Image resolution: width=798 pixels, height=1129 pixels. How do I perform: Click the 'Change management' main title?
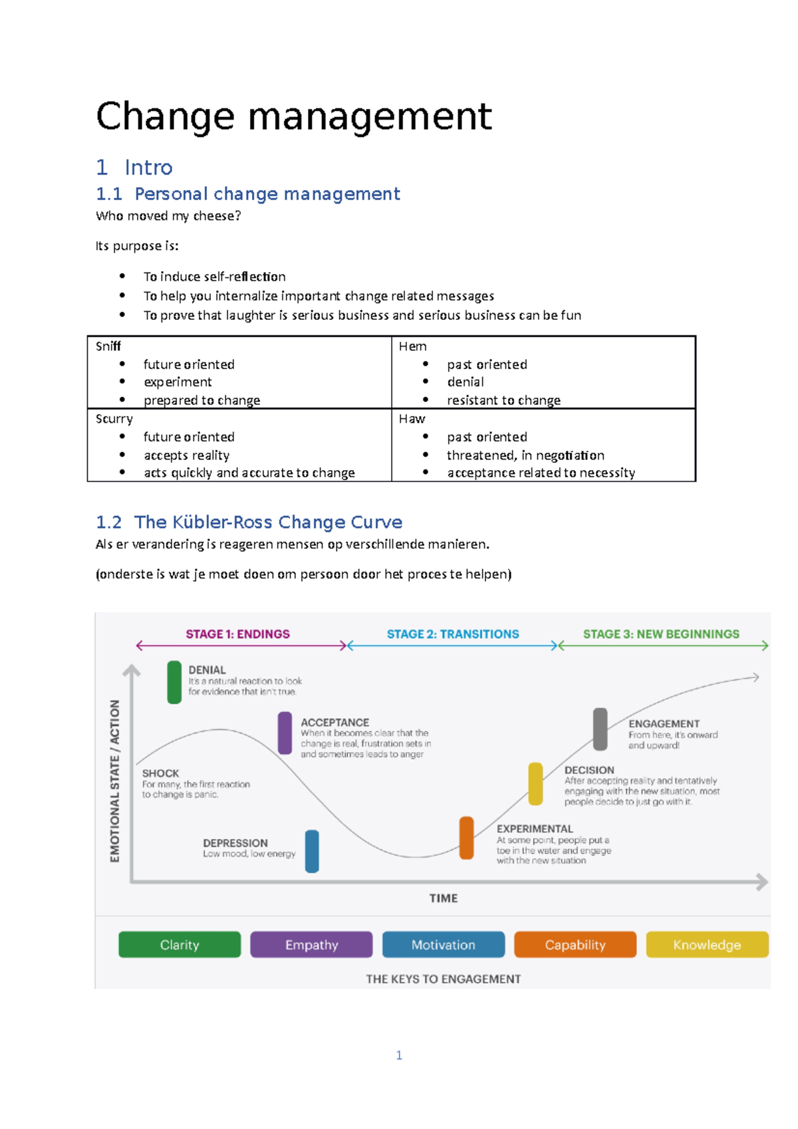tap(293, 116)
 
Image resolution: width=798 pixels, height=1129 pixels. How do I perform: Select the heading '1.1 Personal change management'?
tap(247, 193)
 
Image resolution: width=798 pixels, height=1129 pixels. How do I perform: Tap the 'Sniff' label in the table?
tap(108, 346)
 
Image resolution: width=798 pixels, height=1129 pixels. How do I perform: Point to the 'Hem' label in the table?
tap(412, 346)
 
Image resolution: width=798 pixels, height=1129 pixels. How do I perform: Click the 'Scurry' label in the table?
tap(114, 418)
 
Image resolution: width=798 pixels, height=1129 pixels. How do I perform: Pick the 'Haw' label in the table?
tap(412, 418)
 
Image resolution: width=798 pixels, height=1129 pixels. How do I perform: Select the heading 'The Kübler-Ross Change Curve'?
tap(268, 522)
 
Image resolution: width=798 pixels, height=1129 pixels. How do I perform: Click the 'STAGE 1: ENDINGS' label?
tap(237, 634)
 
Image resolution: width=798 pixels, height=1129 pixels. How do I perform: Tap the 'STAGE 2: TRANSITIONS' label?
tap(453, 634)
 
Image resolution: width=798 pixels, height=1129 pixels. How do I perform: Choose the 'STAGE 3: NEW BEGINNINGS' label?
tap(661, 634)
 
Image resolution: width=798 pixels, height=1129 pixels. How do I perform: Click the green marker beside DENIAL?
tap(174, 682)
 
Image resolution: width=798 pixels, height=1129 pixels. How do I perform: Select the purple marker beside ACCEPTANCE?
tap(285, 733)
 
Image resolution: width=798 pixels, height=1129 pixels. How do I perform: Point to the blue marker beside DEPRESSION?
tap(312, 851)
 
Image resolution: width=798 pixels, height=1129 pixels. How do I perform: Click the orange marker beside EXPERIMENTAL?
tap(467, 838)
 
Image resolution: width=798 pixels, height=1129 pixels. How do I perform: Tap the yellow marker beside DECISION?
tap(535, 783)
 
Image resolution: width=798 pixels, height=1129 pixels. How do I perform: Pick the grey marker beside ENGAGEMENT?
tap(600, 729)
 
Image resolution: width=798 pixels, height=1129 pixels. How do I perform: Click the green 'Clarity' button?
tap(180, 944)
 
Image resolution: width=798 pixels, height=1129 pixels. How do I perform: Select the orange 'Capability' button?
tap(575, 944)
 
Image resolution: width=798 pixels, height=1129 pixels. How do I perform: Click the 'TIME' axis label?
tap(444, 898)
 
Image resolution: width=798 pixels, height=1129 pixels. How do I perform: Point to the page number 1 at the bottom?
tap(399, 1055)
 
